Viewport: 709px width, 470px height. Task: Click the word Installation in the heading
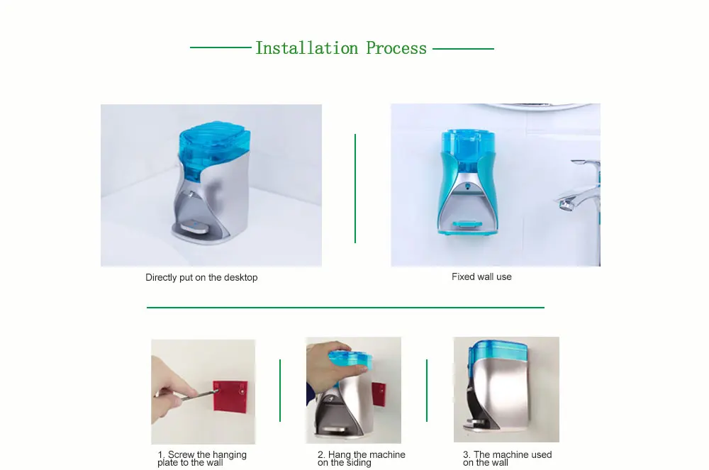(x=307, y=48)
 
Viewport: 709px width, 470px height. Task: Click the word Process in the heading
(x=396, y=48)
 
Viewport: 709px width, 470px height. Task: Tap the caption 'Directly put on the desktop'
(x=201, y=277)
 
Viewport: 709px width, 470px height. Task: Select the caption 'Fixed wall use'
(x=481, y=276)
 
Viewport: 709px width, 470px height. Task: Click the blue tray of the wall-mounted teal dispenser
(x=466, y=224)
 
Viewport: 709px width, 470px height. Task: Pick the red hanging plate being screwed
(x=230, y=396)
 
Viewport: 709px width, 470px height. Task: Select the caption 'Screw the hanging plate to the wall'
(x=202, y=458)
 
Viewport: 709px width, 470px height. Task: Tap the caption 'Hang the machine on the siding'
(x=362, y=458)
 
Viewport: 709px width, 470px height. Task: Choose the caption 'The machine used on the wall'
(x=508, y=458)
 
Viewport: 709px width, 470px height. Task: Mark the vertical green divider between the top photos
(x=355, y=189)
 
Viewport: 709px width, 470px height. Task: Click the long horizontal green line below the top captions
(x=345, y=308)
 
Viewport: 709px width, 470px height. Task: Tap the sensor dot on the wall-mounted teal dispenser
(x=467, y=185)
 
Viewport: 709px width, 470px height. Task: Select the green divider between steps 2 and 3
(x=426, y=391)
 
